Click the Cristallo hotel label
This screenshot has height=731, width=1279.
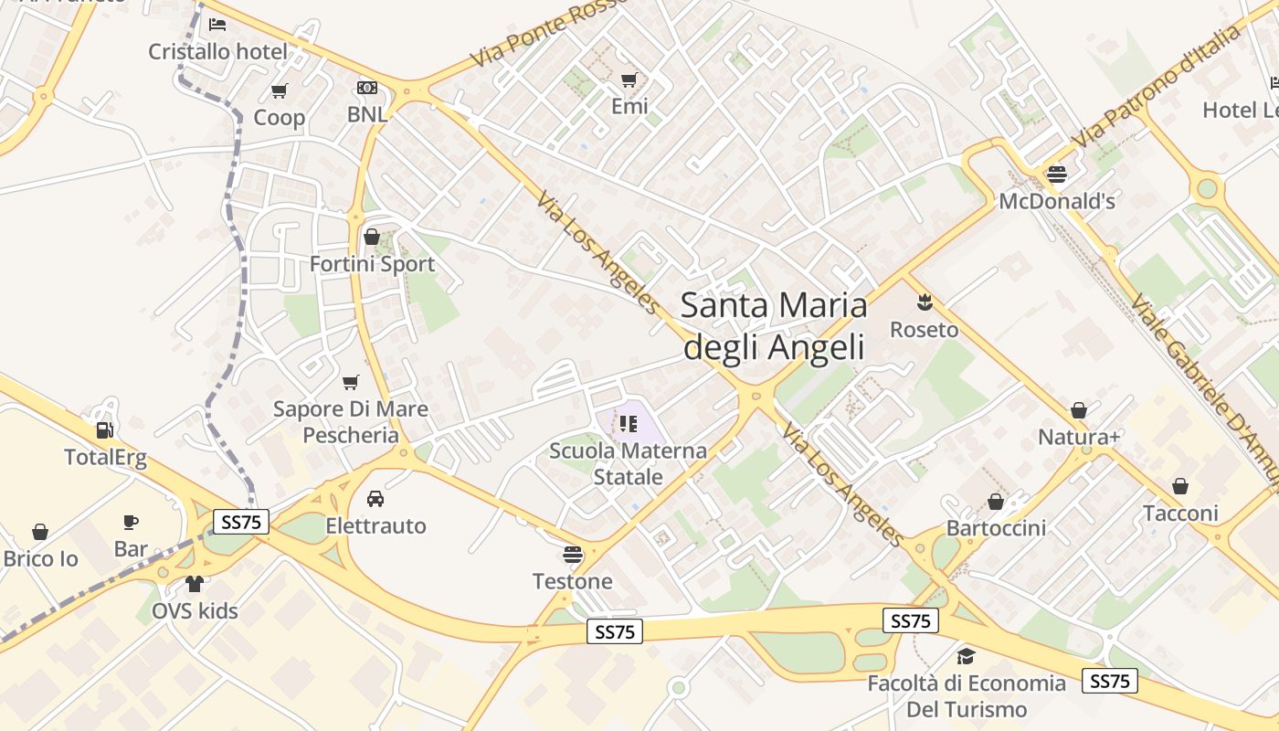[217, 51]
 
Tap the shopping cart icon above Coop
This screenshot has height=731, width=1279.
[280, 90]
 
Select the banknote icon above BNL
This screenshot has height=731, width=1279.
[367, 88]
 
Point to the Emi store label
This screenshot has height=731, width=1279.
[629, 106]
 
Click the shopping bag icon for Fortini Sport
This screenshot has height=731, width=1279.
[372, 238]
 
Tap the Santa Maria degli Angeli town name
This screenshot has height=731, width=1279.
[774, 325]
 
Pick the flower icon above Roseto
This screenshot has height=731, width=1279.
[925, 301]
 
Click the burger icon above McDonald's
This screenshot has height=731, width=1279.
[1057, 174]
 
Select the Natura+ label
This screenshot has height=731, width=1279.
[1079, 438]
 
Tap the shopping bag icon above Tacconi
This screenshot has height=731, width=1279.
[1180, 486]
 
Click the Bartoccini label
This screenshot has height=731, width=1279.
[996, 528]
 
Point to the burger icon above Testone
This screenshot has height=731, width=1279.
[573, 554]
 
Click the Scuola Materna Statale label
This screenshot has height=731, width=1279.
[628, 463]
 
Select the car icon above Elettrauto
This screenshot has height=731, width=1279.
[375, 499]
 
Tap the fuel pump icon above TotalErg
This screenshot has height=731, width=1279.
[105, 429]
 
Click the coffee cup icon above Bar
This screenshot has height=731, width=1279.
[131, 522]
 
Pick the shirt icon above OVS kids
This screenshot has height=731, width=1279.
[195, 584]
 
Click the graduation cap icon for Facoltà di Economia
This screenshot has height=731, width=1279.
[966, 656]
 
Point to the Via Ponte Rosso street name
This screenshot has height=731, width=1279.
[548, 33]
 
